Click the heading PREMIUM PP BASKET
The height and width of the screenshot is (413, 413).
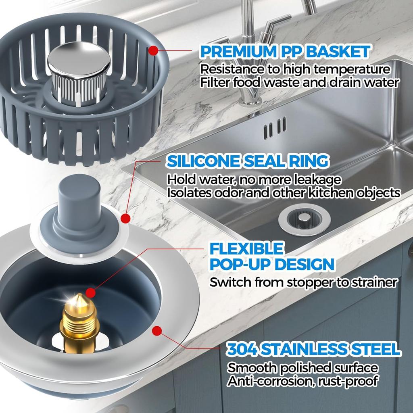(x=285, y=52)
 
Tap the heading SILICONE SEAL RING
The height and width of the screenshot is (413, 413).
(x=247, y=161)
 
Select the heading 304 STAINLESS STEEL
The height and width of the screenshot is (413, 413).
(x=313, y=349)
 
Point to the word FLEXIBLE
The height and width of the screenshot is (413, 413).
(x=246, y=248)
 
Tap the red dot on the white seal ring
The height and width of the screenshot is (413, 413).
(x=125, y=219)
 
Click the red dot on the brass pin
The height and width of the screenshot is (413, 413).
(x=92, y=292)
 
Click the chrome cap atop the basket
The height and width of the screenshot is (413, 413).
(x=78, y=60)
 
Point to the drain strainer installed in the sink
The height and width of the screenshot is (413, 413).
(x=305, y=219)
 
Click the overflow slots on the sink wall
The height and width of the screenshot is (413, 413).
(x=275, y=128)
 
